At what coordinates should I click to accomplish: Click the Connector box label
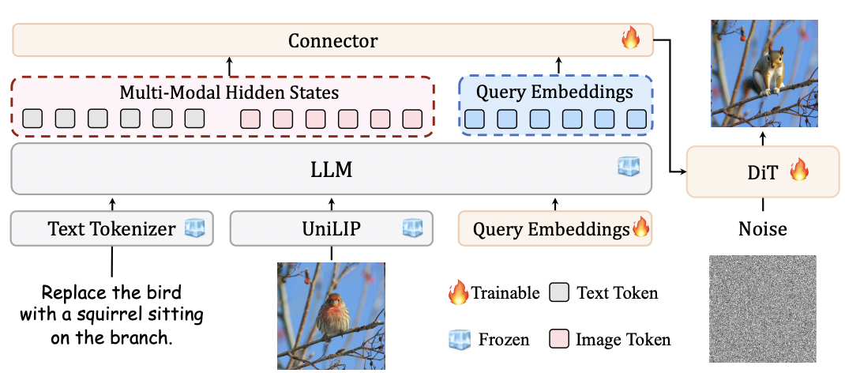(x=332, y=40)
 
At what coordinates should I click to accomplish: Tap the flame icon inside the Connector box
(x=630, y=39)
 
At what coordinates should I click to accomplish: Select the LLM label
(x=332, y=168)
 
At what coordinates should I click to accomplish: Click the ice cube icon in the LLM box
(x=629, y=167)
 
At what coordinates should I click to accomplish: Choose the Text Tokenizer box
(x=111, y=228)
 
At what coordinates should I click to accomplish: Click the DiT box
(x=763, y=171)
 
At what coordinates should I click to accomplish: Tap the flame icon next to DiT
(x=798, y=170)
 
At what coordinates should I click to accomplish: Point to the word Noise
(x=763, y=228)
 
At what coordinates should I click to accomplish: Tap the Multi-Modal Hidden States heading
(x=229, y=92)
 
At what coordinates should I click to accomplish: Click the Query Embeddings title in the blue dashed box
(x=554, y=92)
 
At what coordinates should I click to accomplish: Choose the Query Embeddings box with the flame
(x=554, y=228)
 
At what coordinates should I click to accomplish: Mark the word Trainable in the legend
(x=505, y=292)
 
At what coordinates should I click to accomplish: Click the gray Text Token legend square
(x=560, y=292)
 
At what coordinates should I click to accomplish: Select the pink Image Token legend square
(x=560, y=340)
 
